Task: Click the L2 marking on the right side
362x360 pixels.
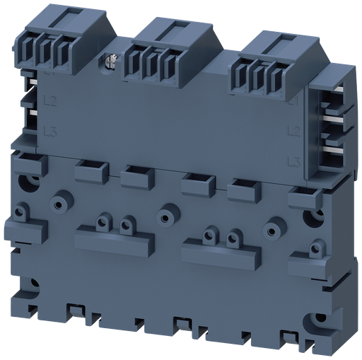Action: pyautogui.click(x=289, y=132)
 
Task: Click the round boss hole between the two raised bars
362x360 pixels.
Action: pyautogui.click(x=166, y=212)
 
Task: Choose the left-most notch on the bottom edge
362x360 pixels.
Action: pyautogui.click(x=73, y=310)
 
